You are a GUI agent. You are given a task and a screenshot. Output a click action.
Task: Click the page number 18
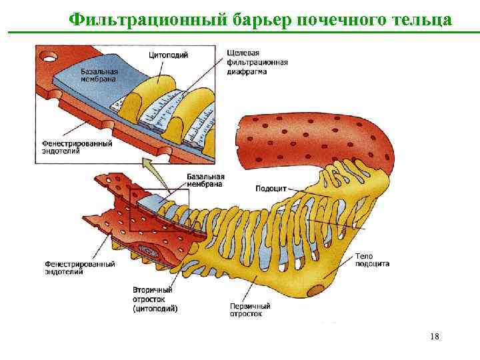pyautogui.click(x=435, y=337)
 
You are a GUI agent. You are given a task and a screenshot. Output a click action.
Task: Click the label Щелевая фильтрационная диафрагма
pyautogui.click(x=257, y=63)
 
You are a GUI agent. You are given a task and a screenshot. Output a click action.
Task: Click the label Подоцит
pyautogui.click(x=269, y=189)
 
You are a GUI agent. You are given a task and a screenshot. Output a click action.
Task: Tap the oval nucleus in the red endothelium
pyautogui.click(x=147, y=253)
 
